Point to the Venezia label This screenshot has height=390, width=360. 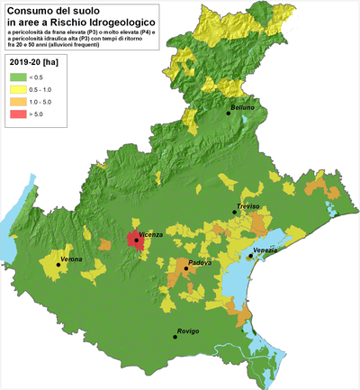point(265,249)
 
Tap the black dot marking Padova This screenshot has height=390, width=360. point(186,268)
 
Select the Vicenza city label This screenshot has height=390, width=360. point(150,235)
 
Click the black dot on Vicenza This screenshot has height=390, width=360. point(135,240)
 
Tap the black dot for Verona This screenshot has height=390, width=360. point(58,265)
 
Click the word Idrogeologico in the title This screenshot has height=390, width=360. point(115,22)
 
